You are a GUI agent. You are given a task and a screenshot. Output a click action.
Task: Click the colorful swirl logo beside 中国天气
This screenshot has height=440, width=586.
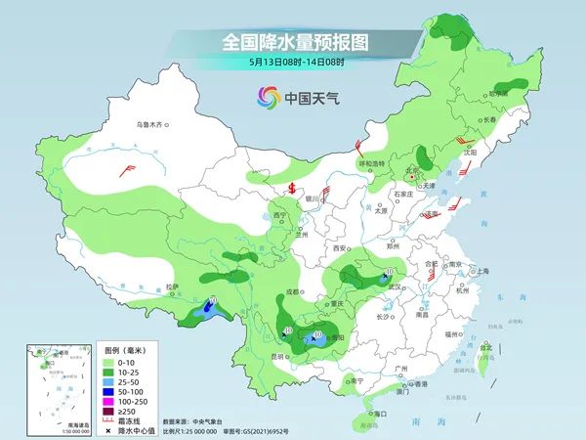coord(267,97)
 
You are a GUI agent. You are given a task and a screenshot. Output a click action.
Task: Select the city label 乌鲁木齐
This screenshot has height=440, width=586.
coord(153,125)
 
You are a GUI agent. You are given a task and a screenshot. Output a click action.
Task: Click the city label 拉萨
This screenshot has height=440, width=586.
coord(173,286)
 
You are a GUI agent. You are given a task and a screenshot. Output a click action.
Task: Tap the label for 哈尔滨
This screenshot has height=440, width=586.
coord(500,94)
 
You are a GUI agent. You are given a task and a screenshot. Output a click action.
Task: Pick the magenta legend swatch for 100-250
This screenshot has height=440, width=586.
coord(110,401)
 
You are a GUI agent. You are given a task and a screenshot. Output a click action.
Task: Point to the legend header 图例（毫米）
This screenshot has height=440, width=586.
coord(125,349)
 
